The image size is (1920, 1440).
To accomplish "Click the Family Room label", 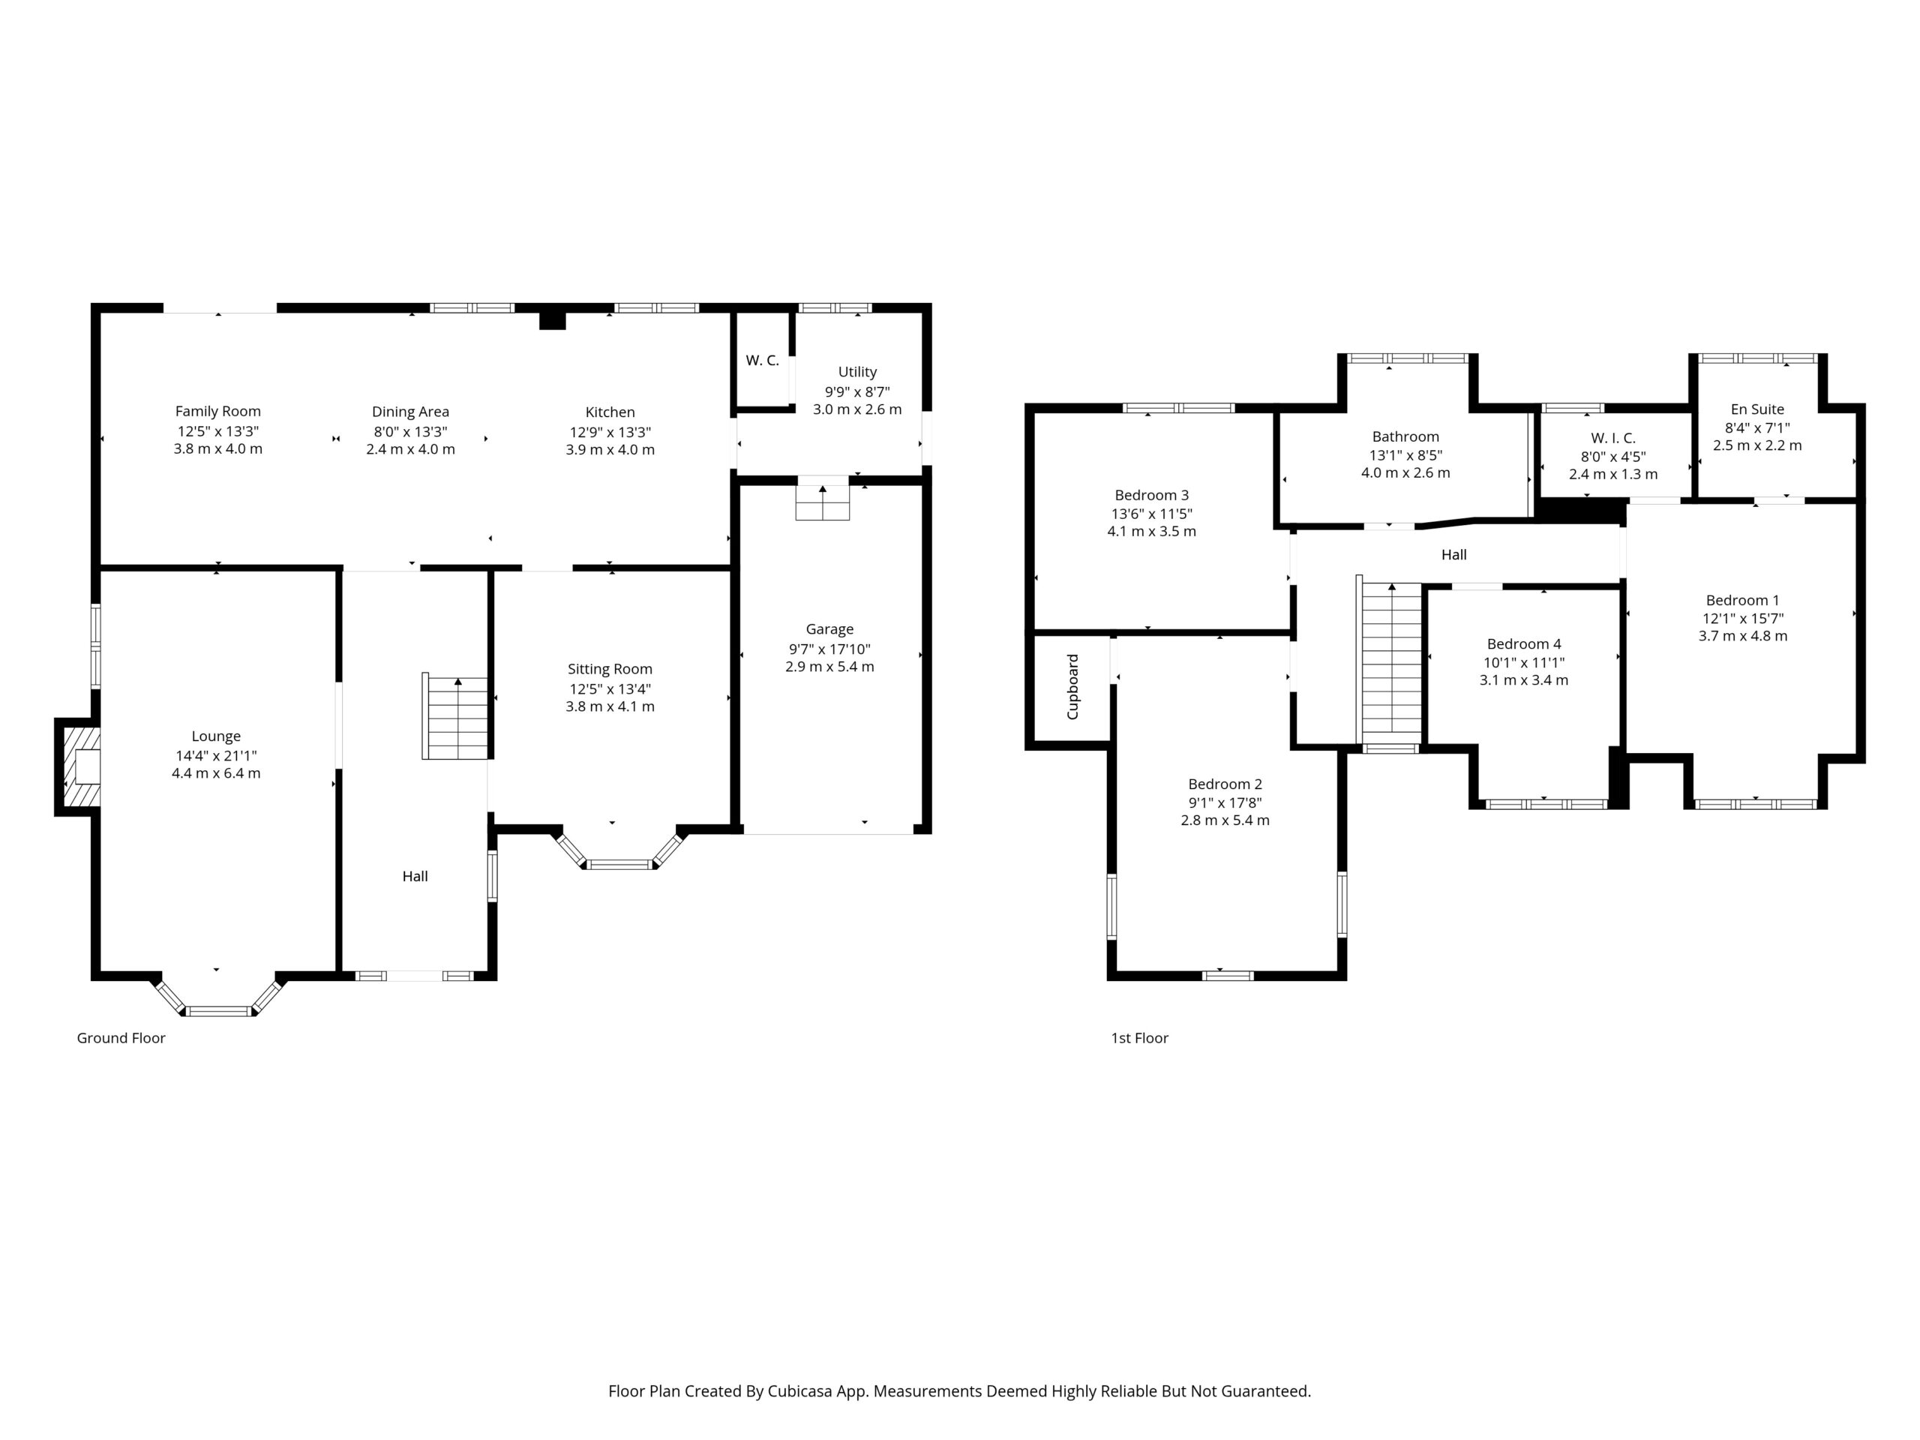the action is click(x=217, y=412).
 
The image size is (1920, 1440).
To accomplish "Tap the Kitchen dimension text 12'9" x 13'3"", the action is click(x=610, y=431).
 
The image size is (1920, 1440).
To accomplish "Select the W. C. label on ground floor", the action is click(x=762, y=361).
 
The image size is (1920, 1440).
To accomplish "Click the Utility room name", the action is click(x=857, y=372).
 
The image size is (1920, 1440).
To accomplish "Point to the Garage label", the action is click(x=829, y=629).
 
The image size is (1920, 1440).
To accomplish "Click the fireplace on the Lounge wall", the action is click(x=79, y=767).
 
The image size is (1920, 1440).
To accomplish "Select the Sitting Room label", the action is click(x=610, y=669).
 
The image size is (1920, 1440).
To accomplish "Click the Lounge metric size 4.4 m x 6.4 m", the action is click(x=216, y=773).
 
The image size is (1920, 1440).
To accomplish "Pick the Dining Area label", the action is click(x=410, y=412).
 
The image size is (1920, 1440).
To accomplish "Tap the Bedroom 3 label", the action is click(x=1152, y=496).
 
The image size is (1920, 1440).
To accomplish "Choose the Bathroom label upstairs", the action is click(x=1405, y=437).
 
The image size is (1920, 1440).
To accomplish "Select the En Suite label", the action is click(x=1758, y=409).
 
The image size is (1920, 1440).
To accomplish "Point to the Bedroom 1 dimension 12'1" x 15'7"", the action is click(x=1743, y=619).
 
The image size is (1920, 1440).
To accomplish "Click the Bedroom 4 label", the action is click(x=1524, y=644).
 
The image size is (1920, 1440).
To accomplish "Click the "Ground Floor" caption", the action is click(x=121, y=1038).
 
